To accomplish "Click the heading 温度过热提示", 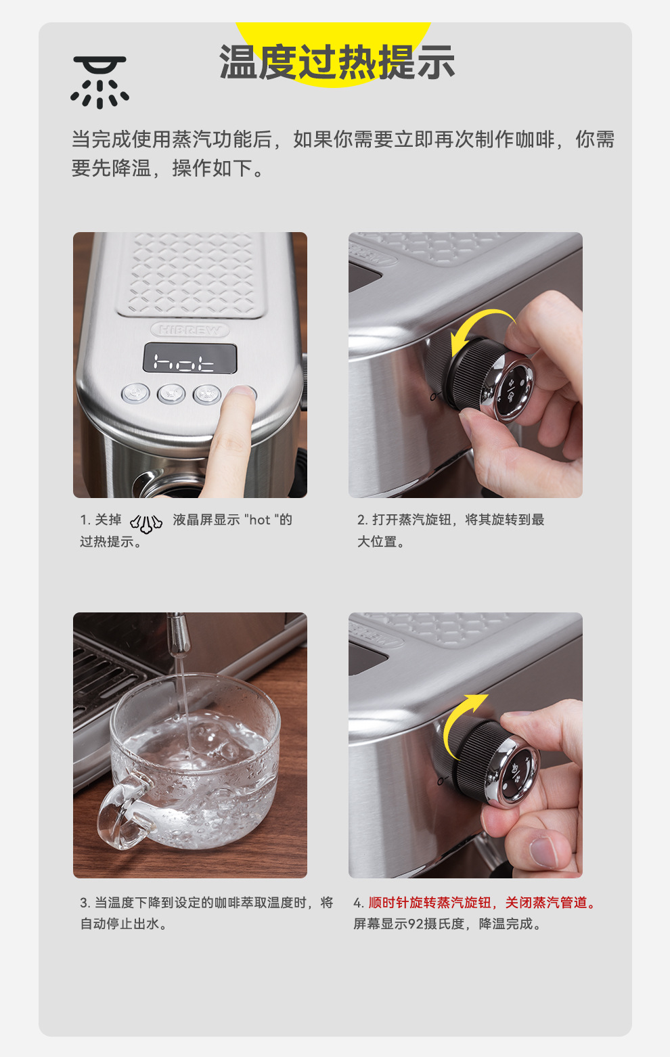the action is point(337,62).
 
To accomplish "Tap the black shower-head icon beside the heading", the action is point(99,82).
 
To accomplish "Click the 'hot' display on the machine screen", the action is point(189,358).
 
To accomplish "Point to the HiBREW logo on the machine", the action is point(189,330).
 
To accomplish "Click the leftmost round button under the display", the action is point(135,393).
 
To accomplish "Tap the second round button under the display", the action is point(171,394).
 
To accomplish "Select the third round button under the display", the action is point(206,395).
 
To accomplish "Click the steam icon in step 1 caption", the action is point(146,523).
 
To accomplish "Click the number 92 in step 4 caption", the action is point(416,924).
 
